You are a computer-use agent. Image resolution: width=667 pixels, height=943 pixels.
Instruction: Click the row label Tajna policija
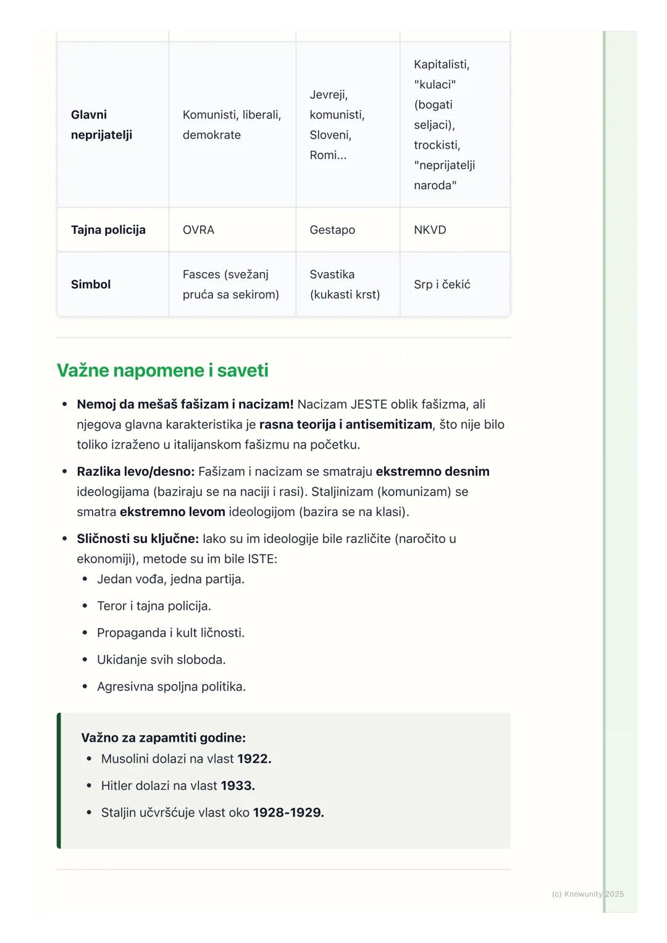click(x=108, y=230)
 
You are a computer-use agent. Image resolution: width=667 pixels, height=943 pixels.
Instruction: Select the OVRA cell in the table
click(x=198, y=230)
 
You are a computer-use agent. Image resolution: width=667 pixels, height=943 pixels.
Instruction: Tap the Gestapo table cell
click(x=332, y=230)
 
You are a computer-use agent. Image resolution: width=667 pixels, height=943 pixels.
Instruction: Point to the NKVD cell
click(x=430, y=230)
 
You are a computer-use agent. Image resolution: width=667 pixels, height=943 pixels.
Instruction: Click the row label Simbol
click(x=91, y=284)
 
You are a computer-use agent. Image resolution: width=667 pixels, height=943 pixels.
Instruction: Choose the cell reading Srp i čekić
click(x=442, y=284)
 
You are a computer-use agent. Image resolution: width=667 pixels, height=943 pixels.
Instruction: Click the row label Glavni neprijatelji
click(x=101, y=125)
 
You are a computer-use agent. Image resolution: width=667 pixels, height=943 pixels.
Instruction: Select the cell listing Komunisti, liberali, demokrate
click(x=232, y=125)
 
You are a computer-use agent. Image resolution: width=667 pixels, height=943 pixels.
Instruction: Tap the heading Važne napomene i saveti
click(x=162, y=370)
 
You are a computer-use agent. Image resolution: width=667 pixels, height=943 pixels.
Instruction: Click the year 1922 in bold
click(x=254, y=758)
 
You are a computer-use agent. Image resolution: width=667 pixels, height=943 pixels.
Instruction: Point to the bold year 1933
click(x=238, y=786)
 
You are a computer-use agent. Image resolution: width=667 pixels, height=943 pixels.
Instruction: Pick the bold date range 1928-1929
click(x=288, y=812)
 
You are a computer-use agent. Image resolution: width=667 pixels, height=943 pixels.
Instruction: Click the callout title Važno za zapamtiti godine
click(x=163, y=737)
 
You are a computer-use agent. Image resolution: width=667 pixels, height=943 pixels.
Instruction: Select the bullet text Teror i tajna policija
click(x=154, y=606)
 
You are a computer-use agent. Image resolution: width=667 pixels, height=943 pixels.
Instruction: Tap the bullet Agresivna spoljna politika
click(x=171, y=686)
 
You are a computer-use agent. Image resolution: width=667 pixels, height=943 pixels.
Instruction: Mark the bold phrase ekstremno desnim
click(x=432, y=471)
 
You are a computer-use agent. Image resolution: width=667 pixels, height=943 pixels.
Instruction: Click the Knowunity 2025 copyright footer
click(x=587, y=894)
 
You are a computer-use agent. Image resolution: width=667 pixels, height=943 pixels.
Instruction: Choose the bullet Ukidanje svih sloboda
click(x=161, y=660)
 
